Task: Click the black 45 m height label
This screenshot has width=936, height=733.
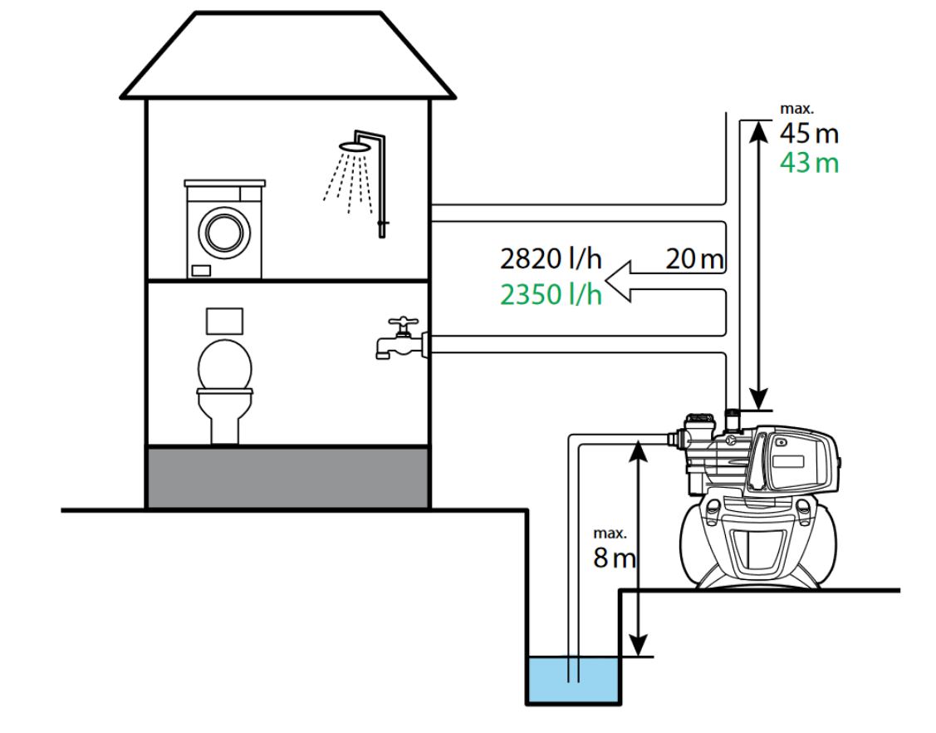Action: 808,133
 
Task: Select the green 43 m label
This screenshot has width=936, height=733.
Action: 808,163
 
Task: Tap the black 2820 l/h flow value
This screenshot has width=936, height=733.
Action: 550,259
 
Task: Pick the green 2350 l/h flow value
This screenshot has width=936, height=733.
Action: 550,294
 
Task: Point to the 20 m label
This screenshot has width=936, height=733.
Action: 694,259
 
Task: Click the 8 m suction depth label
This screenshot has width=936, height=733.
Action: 614,558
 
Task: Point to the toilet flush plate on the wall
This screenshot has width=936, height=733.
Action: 223,318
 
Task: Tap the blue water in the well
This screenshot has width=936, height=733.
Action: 573,678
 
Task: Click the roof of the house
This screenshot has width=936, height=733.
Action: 288,58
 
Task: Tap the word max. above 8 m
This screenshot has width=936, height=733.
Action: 610,533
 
